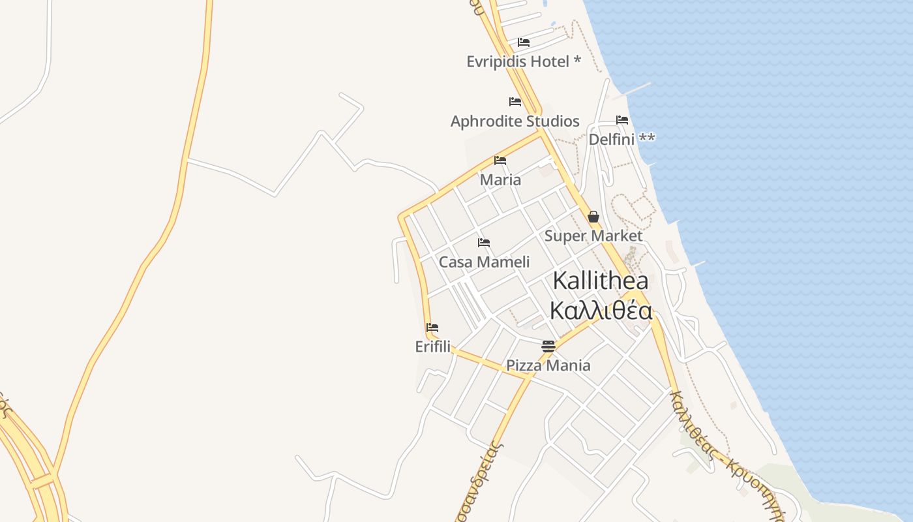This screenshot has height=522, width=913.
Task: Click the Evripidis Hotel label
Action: [x=518, y=62]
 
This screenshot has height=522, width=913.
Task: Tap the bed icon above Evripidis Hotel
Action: [x=524, y=42]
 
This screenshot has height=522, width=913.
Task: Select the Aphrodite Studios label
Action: [x=515, y=121]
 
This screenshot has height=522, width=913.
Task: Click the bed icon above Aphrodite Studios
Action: [x=515, y=102]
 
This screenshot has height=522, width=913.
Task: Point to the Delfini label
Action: [x=612, y=140]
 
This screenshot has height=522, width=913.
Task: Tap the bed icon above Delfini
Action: [x=622, y=120]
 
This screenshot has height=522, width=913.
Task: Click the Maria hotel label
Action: [x=500, y=180]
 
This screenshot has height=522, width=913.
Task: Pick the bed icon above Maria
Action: [x=500, y=161]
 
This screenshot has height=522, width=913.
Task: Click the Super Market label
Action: [x=593, y=236]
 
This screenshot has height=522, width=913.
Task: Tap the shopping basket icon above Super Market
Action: [x=593, y=217]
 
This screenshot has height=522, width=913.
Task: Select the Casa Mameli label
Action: [x=484, y=262]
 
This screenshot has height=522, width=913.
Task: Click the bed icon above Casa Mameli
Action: [x=484, y=243]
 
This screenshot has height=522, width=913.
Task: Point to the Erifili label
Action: [x=432, y=347]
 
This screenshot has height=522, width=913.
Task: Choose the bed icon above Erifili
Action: [x=432, y=328]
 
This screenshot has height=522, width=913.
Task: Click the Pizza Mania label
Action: [x=548, y=365]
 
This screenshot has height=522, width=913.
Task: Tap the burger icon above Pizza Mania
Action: [x=548, y=346]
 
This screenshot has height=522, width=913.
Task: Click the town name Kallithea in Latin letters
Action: [x=600, y=281]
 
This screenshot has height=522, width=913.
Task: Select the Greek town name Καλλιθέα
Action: [x=600, y=311]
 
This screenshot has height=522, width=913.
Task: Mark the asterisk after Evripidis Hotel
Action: [x=577, y=61]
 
